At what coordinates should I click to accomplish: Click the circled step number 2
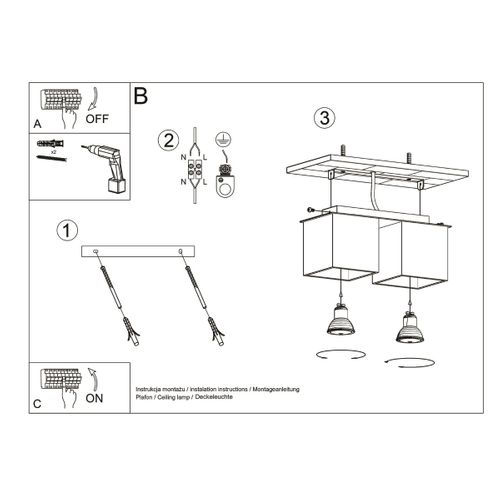(x=169, y=141)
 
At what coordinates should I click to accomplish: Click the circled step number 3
(x=322, y=117)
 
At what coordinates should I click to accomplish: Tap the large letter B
(x=140, y=96)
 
